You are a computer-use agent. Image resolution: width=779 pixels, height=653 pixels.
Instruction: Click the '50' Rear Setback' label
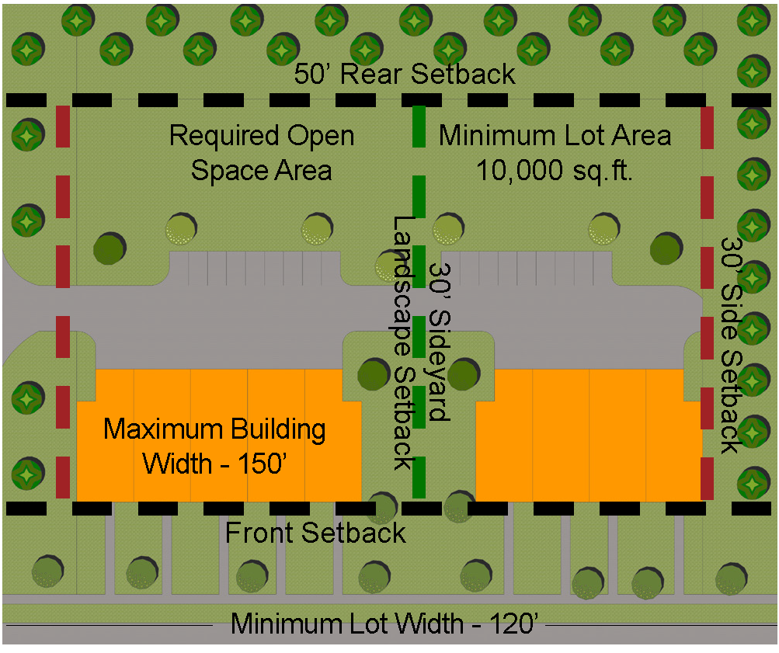tap(405, 75)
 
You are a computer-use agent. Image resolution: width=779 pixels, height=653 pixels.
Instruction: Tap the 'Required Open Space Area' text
tap(262, 152)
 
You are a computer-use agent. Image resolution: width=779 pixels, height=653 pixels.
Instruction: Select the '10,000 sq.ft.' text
tap(555, 169)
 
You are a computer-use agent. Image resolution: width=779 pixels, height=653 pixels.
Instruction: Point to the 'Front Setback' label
tap(315, 533)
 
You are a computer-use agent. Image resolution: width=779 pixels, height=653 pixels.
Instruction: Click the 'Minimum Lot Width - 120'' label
tap(385, 623)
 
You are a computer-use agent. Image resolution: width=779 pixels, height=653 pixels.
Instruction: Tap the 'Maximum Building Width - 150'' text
tap(215, 446)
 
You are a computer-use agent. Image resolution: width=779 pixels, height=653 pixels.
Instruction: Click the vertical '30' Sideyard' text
tap(439, 342)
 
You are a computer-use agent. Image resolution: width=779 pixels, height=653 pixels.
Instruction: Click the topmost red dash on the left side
tap(63, 127)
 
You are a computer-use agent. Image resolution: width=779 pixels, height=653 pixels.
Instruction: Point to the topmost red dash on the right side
tap(708, 127)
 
